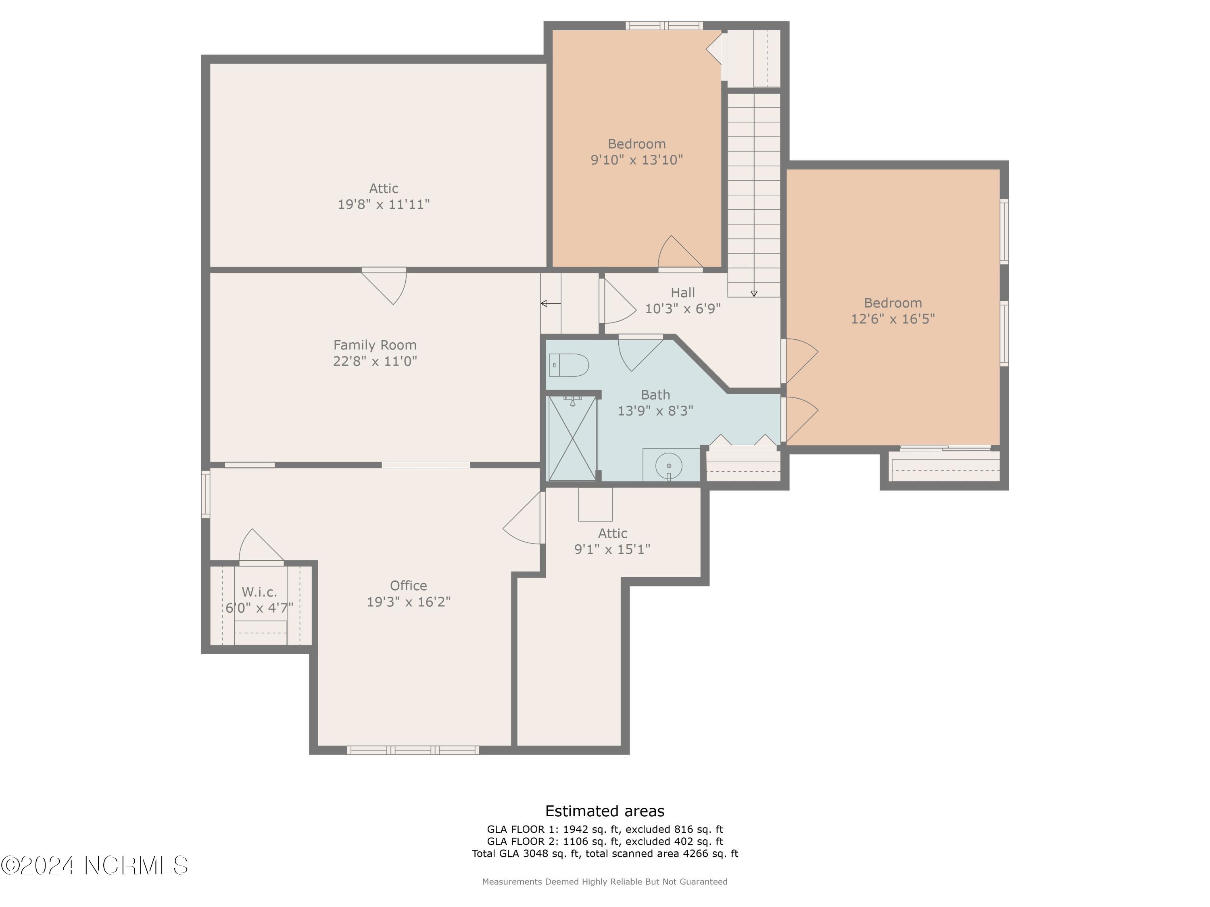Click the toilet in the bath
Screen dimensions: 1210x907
pos(568,365)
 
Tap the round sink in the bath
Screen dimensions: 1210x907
pos(668,466)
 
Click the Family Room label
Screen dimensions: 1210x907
pos(375,345)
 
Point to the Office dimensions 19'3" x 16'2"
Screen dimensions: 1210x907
pos(408,601)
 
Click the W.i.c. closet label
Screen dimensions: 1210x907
pos(259,591)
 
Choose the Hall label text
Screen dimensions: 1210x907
pos(683,293)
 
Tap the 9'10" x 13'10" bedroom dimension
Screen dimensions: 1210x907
pos(637,160)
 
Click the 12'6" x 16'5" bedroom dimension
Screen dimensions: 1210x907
pos(893,319)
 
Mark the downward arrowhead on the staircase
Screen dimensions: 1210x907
pos(754,293)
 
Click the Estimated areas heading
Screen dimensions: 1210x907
pos(605,811)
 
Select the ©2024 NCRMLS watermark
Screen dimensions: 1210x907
pos(94,865)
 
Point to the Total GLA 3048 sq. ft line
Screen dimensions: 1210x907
pos(605,853)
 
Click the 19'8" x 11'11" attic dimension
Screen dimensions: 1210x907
pos(384,204)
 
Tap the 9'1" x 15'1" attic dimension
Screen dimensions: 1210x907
pos(612,549)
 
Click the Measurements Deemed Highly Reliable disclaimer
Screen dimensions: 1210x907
pos(605,881)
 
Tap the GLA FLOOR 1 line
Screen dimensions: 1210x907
pos(605,829)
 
